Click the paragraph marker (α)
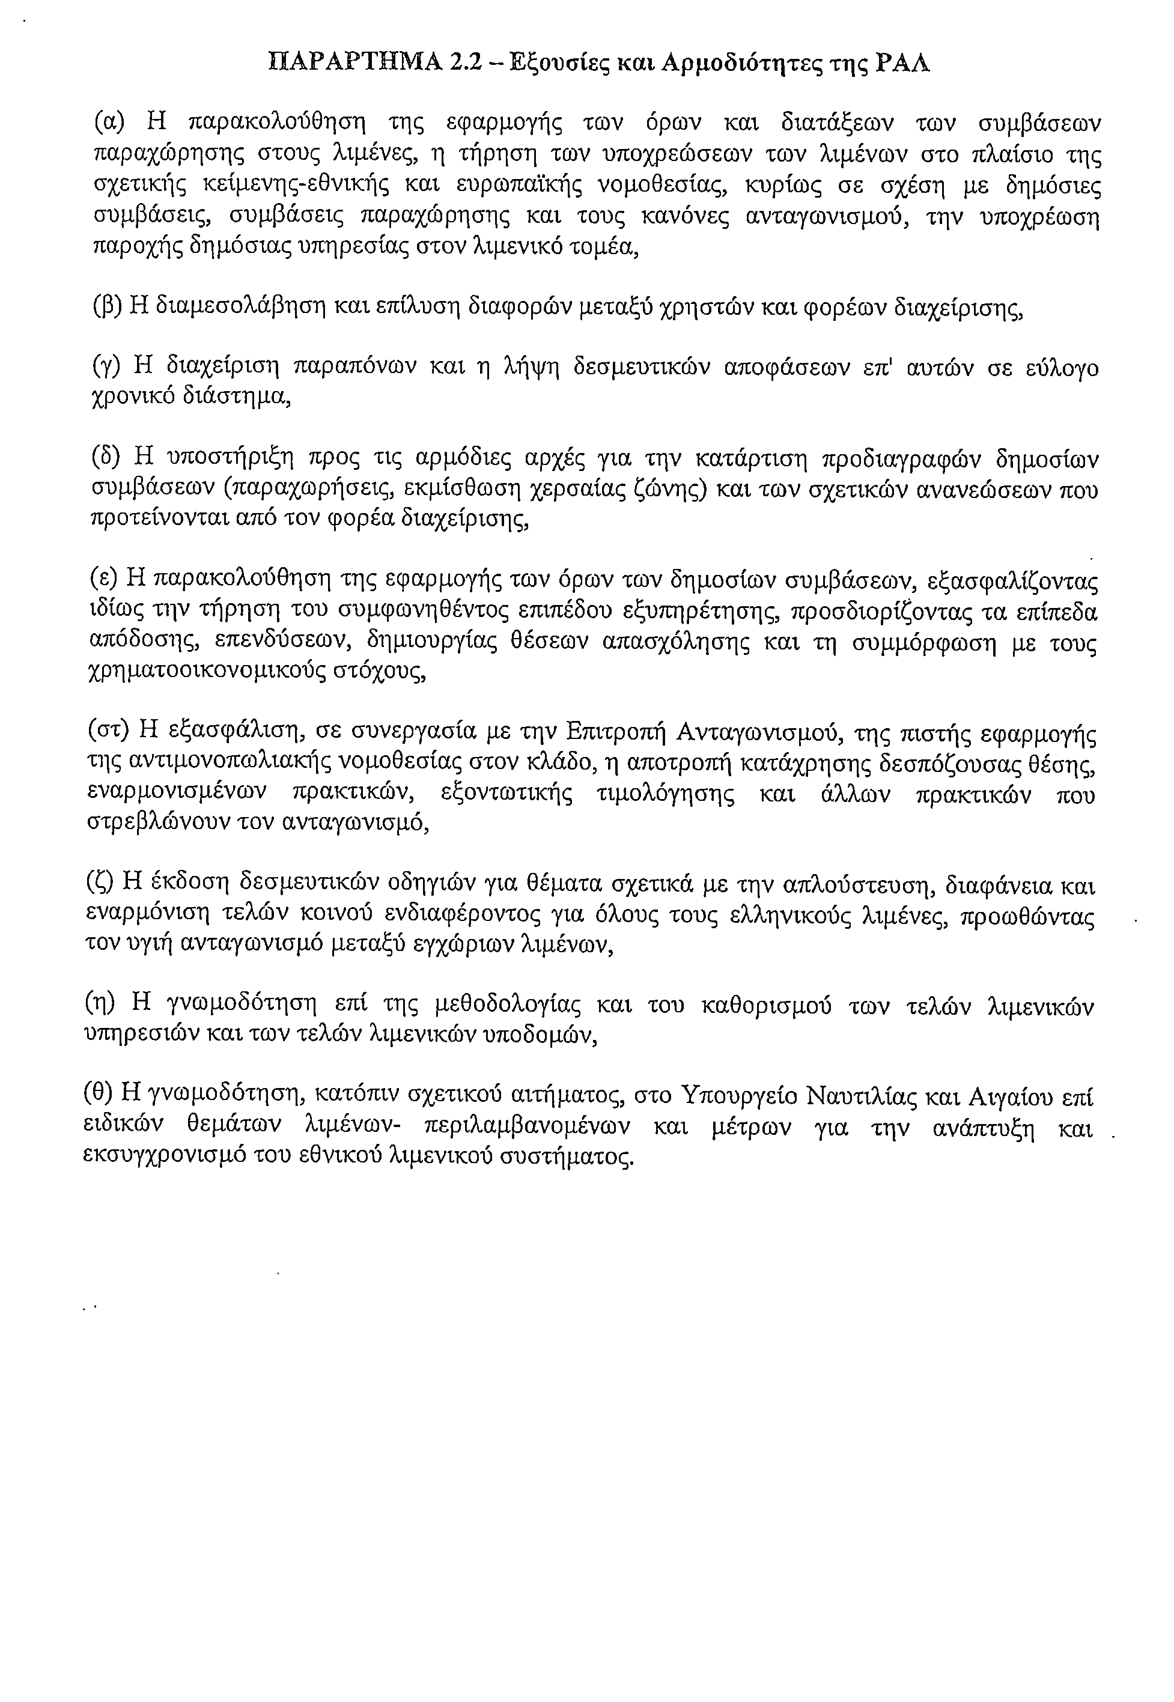111,122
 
